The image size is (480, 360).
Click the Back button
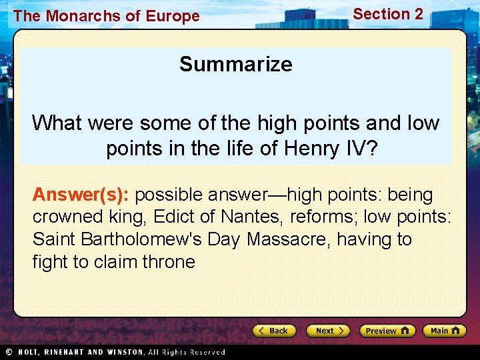[x=273, y=331]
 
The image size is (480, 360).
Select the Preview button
[x=387, y=331]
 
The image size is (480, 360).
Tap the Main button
[x=445, y=331]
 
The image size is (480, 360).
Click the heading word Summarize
[x=235, y=64]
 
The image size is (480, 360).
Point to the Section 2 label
[x=387, y=14]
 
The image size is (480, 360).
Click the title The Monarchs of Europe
[x=106, y=16]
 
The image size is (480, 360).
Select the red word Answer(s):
[x=81, y=195]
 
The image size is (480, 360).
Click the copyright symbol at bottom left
[x=9, y=351]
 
